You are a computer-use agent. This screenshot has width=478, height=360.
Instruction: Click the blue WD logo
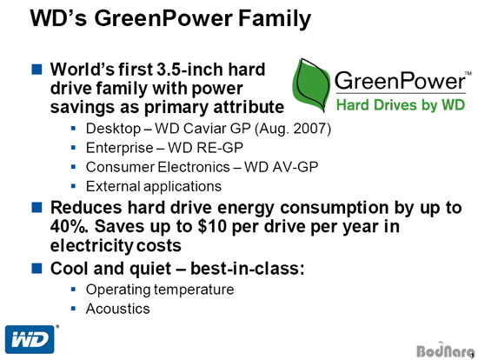point(30,339)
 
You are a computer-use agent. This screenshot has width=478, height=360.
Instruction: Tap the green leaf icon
point(311,85)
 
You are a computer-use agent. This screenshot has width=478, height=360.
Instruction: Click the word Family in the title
point(275,19)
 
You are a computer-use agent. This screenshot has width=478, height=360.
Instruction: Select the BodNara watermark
point(445,350)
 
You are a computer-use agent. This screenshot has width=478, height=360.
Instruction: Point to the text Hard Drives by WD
point(401,104)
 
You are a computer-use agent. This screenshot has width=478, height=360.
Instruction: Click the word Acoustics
point(118,309)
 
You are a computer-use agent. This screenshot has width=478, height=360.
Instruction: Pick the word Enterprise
point(120,148)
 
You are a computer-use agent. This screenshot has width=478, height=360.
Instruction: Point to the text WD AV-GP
point(281,167)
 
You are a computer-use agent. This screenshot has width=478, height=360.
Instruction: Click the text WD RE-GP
point(205,148)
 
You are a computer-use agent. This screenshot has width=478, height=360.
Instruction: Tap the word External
point(113,186)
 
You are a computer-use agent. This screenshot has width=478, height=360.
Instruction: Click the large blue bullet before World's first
point(37,69)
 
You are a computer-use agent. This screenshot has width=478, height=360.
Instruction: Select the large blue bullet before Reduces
point(37,208)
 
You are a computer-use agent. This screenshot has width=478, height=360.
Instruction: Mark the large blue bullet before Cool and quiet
point(37,269)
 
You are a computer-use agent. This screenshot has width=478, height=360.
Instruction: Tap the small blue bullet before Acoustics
point(73,309)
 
